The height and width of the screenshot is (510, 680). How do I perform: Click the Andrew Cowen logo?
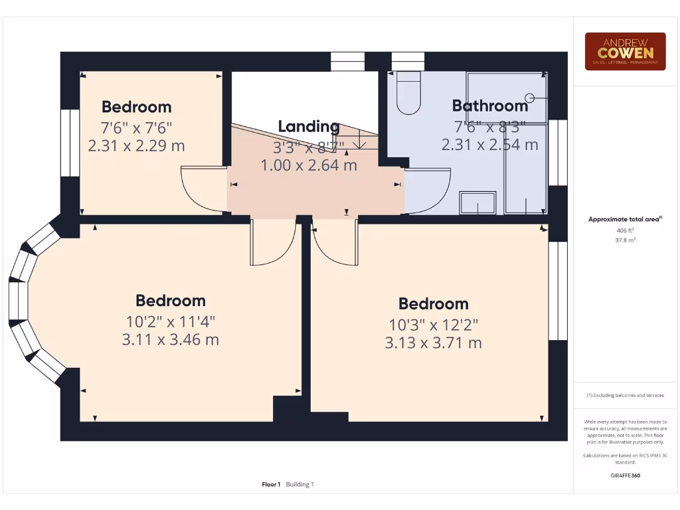point(625,51)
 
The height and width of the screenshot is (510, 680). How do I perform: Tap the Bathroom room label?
point(489,106)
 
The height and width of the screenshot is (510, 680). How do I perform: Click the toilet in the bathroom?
point(407,94)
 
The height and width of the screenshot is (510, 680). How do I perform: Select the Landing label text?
point(308,126)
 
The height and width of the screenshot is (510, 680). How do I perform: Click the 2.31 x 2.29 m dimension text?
point(136,145)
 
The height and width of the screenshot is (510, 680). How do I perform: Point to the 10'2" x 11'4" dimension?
point(170,322)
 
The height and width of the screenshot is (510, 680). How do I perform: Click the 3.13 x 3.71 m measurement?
point(433,343)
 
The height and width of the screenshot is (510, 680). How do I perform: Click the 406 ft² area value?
point(625,230)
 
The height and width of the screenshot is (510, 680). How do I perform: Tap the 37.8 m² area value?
point(625,240)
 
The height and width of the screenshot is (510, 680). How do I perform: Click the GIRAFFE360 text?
point(625,475)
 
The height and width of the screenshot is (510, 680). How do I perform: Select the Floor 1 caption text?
point(272,485)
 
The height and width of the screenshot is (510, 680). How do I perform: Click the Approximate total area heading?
point(625,219)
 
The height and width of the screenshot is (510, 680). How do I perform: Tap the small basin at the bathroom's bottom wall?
point(478,203)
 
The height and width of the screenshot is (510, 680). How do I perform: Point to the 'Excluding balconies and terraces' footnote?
point(625,395)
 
